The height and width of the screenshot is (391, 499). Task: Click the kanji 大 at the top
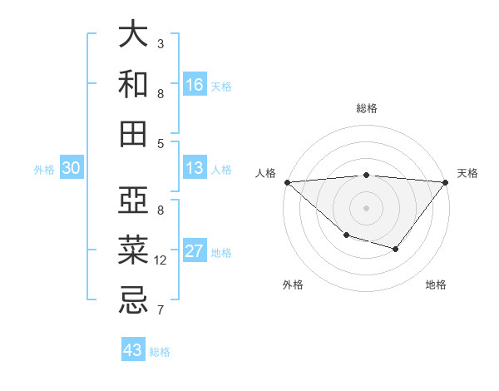(133, 35)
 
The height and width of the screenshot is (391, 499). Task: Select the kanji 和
(133, 84)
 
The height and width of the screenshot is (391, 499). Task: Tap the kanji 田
(133, 133)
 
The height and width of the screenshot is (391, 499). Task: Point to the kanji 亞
(133, 200)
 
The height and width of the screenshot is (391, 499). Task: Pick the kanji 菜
(133, 250)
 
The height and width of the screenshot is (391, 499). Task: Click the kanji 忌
(133, 299)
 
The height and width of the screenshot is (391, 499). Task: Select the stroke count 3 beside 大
(161, 43)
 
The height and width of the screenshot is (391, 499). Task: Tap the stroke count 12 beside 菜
(161, 260)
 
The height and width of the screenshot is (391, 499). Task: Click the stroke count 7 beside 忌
(161, 310)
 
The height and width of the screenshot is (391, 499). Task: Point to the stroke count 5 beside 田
(161, 143)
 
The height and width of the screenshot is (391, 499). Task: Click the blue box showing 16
(195, 85)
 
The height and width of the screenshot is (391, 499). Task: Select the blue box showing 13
(195, 168)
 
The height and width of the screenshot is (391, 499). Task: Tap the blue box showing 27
(195, 252)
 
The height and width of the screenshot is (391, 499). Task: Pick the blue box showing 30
(71, 168)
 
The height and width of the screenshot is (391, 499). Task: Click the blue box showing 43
(132, 350)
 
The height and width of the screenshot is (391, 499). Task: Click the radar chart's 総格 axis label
(366, 108)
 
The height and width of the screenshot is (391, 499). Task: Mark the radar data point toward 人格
(286, 181)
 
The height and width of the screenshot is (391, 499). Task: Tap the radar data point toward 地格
(396, 249)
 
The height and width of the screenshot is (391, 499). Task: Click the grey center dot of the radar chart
(366, 207)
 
